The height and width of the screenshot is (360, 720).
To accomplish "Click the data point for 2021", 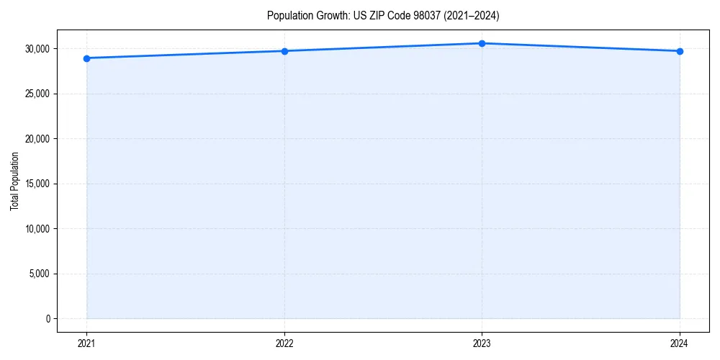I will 86,58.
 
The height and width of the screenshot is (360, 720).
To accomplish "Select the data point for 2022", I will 284,51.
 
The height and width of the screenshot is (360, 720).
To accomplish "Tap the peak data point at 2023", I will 482,43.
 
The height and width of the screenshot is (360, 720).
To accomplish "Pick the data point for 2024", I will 680,51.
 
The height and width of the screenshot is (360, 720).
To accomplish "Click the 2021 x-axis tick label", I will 86,343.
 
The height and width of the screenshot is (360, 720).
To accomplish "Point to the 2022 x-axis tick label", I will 284,343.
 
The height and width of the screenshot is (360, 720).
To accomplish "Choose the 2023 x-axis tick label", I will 482,343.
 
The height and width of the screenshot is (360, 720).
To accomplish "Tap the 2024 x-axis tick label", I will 680,343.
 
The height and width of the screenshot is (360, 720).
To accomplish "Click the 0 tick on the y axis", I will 48,319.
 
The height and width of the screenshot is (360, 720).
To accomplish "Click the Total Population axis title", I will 14,181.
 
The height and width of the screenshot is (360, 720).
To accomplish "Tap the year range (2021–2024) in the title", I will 467,15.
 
